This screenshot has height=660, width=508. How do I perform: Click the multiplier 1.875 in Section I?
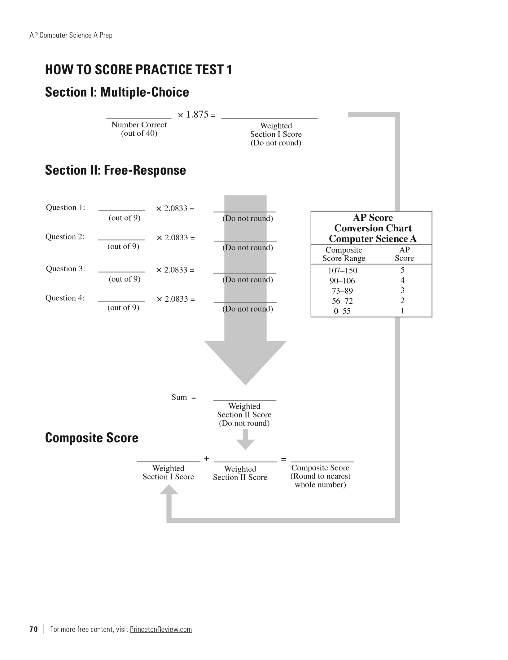coord(197,115)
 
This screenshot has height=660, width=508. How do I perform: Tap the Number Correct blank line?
coord(139,118)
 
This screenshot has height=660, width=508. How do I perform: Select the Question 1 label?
coord(65,208)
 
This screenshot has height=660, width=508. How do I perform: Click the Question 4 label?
coord(65,298)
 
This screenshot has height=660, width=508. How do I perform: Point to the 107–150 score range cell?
coord(342,271)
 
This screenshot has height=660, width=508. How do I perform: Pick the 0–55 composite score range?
coord(342,311)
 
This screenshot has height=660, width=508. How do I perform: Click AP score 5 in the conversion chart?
coord(402,270)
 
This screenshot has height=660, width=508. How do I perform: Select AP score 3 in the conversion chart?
coord(402,291)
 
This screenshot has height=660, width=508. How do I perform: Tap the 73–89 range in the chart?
coord(342,291)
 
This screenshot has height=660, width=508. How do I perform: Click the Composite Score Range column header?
coord(344,254)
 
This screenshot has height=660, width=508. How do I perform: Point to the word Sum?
coord(179,397)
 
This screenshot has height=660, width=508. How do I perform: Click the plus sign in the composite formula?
coord(207,459)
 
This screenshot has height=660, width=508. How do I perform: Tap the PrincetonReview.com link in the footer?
coord(161,629)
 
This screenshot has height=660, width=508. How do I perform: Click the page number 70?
coord(33,629)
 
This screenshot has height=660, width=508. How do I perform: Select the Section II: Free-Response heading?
coord(116,170)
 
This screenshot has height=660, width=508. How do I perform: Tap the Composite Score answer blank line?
coord(322,461)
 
